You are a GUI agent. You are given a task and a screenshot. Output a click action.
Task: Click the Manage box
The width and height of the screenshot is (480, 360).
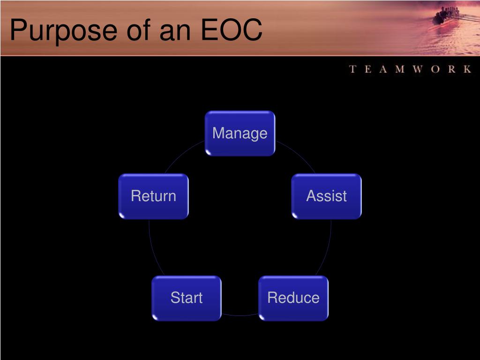point(240,134)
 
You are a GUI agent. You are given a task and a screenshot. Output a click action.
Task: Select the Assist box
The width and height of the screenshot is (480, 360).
point(326,196)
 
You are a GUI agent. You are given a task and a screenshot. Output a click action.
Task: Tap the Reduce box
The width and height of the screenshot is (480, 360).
point(293,298)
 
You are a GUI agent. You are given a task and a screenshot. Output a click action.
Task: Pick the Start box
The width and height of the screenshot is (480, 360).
point(187,298)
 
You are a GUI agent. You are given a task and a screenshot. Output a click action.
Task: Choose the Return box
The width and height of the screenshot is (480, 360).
point(153,196)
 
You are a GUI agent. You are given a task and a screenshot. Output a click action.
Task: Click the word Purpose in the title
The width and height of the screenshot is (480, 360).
point(64,31)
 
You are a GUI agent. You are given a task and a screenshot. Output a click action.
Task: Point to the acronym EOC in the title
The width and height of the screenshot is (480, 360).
point(232,30)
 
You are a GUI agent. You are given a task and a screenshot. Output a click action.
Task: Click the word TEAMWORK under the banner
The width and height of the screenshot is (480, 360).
point(410,69)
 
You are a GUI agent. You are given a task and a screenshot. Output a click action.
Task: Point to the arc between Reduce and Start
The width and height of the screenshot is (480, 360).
point(240,315)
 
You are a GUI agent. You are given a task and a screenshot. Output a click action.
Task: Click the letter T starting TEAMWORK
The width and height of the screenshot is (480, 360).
point(352,69)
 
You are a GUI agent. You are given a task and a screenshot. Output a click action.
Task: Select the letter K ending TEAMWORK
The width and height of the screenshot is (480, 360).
point(467,69)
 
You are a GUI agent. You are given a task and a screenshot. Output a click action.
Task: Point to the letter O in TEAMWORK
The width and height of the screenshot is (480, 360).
point(435,69)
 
